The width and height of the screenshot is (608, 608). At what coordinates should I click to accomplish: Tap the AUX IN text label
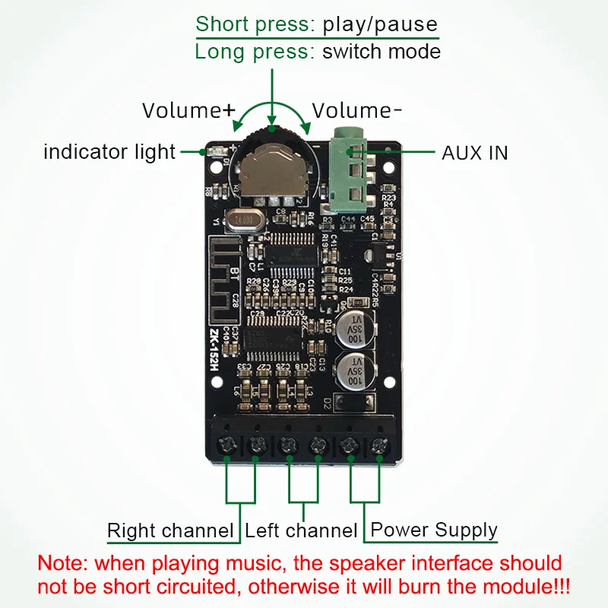coord(474,153)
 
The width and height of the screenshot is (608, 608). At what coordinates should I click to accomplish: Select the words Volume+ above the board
coord(188,110)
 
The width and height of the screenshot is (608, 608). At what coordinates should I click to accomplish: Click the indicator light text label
coord(109,152)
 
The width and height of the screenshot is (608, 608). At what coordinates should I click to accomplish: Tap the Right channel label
coord(170,530)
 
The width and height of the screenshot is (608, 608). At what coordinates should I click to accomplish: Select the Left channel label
coord(301,530)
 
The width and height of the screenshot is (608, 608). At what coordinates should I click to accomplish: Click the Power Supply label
coord(433,530)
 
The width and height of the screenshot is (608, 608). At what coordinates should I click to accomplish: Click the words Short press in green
coord(255,24)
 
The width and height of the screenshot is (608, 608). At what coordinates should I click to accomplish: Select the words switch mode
coord(381,52)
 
